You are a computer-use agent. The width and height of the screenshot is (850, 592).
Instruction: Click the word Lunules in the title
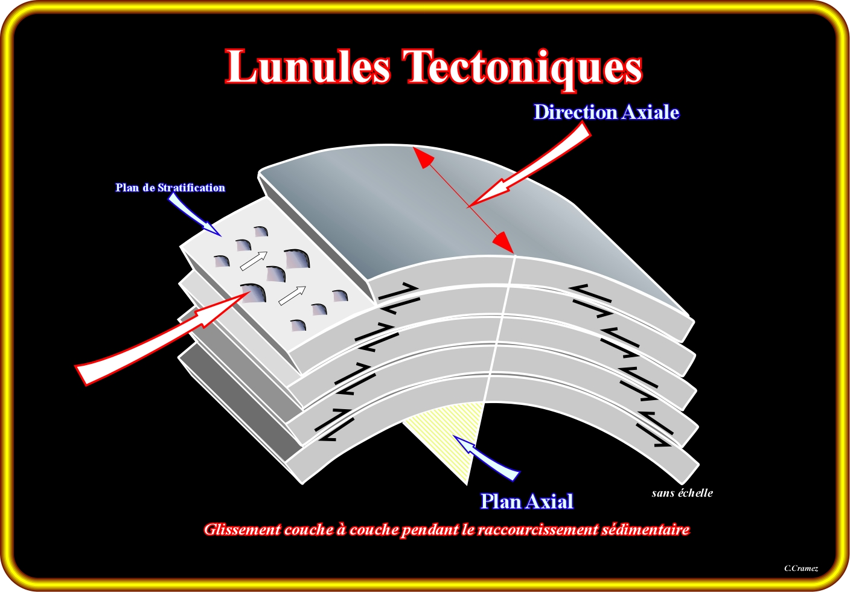click(x=308, y=66)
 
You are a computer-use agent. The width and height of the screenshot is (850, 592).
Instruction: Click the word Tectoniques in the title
click(x=522, y=68)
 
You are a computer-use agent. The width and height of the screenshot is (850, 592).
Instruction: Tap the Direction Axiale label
click(x=606, y=113)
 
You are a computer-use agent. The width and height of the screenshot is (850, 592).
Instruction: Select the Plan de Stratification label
click(x=170, y=188)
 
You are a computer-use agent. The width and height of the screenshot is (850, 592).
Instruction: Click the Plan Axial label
click(x=526, y=501)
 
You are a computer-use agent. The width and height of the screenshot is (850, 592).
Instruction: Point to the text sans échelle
click(x=682, y=493)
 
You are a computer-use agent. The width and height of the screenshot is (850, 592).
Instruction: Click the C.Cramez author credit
click(x=801, y=568)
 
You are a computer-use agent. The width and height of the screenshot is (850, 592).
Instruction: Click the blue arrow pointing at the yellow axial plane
click(x=489, y=459)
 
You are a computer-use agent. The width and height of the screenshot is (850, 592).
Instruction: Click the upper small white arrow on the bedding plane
click(x=253, y=261)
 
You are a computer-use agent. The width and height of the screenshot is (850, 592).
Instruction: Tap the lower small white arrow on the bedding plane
click(x=292, y=295)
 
